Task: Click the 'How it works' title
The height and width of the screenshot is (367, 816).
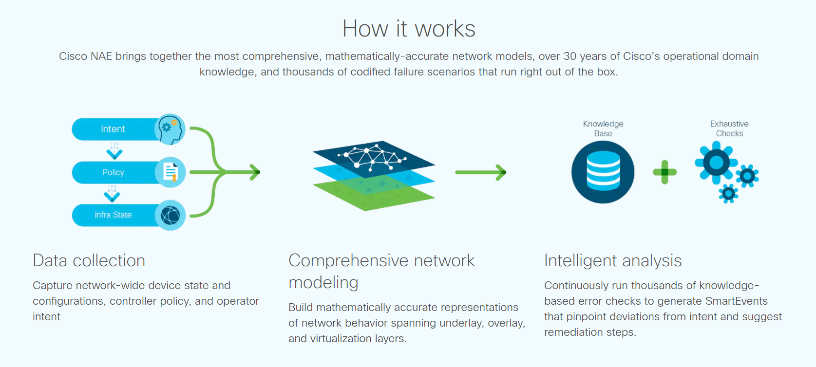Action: (x=409, y=28)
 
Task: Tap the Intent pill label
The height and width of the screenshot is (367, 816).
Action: (x=113, y=129)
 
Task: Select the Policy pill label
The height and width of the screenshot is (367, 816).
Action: (x=114, y=172)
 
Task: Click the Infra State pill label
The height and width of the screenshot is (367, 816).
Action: (x=114, y=215)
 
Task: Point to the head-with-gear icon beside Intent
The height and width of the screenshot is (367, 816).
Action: (x=170, y=129)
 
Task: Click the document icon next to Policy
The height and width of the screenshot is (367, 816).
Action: (x=170, y=172)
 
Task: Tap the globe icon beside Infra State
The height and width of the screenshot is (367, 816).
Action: (x=170, y=215)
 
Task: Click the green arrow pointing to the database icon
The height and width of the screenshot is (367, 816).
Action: (x=481, y=172)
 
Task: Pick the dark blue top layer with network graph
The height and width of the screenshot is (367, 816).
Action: (x=374, y=159)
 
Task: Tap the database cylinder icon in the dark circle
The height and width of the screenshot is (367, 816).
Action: (x=603, y=172)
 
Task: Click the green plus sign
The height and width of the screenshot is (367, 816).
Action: (x=665, y=172)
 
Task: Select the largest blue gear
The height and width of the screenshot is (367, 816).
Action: (x=716, y=163)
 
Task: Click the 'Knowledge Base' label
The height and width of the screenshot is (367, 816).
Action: (x=603, y=128)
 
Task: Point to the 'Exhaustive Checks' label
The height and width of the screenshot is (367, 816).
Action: (x=729, y=128)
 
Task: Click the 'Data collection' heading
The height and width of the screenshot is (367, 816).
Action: (x=89, y=261)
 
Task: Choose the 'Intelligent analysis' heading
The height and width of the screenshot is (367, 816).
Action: (x=613, y=261)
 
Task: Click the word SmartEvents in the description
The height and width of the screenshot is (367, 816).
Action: (x=736, y=301)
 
